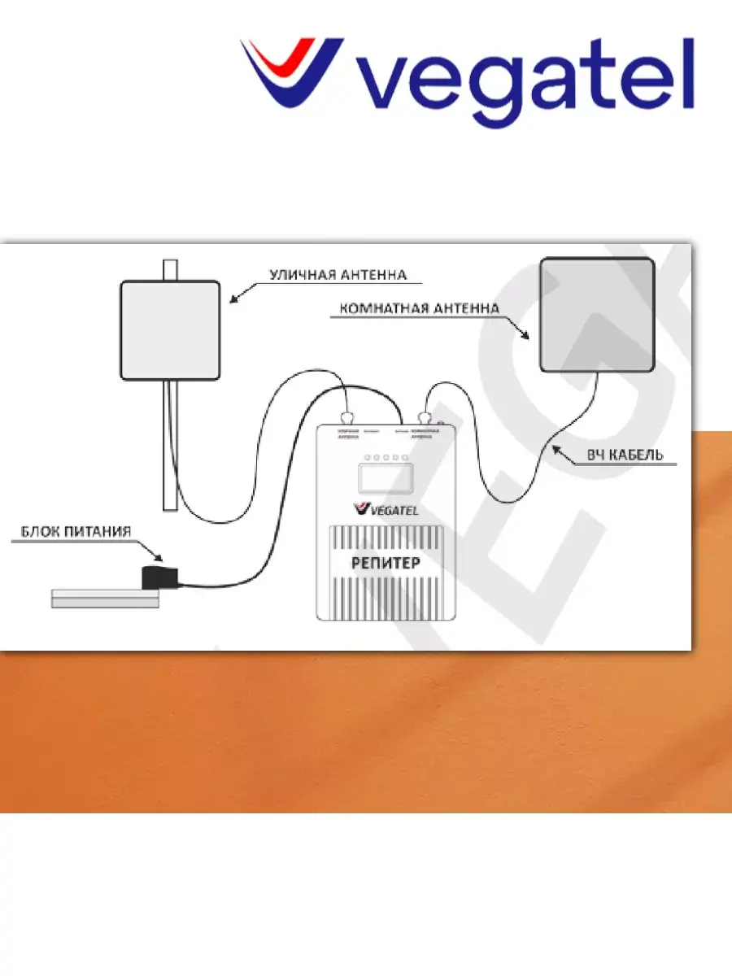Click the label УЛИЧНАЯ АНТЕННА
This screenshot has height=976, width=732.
(338, 275)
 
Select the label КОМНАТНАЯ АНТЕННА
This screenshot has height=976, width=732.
(417, 308)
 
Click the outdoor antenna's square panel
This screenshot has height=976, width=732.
(171, 329)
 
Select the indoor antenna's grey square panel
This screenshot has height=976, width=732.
(599, 314)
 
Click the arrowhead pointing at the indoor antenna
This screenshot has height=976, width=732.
(528, 334)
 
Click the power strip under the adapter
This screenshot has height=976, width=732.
(104, 598)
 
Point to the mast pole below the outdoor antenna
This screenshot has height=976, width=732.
(169, 443)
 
